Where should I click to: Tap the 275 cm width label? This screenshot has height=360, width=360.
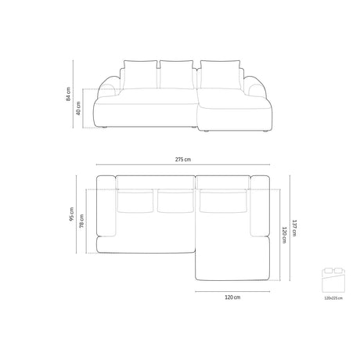(x=182, y=160)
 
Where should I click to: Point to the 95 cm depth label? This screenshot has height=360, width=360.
(x=72, y=214)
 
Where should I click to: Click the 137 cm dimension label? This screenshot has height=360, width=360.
(x=295, y=227)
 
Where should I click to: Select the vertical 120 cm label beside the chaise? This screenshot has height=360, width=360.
(x=284, y=234)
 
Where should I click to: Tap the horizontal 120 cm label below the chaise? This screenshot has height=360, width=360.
(x=232, y=297)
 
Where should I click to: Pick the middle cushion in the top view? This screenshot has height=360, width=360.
(x=175, y=201)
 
